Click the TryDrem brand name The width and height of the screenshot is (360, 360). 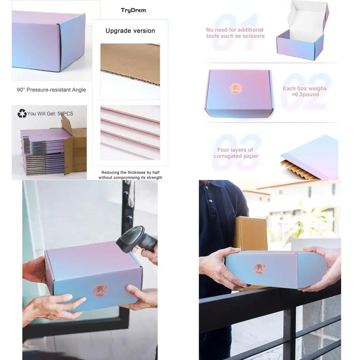(x=133, y=10)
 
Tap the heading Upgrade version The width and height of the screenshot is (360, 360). (x=130, y=31)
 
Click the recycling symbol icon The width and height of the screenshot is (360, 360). (x=22, y=113)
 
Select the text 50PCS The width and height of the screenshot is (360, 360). (x=65, y=114)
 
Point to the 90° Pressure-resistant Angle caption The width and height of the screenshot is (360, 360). (x=51, y=90)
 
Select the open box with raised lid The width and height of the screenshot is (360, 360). (x=302, y=31)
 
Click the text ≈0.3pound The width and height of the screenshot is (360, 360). (x=305, y=95)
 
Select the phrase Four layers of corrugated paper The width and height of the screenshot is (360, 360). (x=236, y=153)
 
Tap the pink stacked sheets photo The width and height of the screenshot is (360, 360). (x=130, y=132)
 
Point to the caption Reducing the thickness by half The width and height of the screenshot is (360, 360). (x=130, y=172)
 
